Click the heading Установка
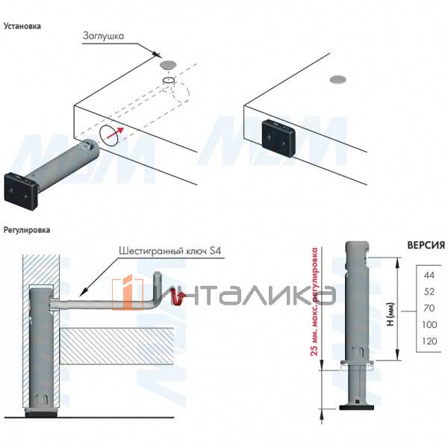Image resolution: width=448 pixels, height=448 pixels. tap(22, 26)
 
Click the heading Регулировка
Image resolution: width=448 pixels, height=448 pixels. tap(27, 230)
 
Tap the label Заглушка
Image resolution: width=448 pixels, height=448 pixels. tap(104, 36)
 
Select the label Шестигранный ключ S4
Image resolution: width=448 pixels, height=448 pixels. tap(169, 251)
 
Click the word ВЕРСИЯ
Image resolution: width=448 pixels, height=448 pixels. tap(426, 245)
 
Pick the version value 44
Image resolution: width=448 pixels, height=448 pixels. tap(429, 275)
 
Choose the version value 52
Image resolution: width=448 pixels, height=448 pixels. tap(429, 292)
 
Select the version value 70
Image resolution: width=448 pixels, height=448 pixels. tap(429, 308)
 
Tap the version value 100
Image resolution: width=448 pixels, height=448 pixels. tap(429, 325)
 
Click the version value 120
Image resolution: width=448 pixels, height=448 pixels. tap(429, 341)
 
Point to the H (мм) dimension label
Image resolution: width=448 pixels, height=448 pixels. tap(391, 314)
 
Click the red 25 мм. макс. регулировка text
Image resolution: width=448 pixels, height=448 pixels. tap(314, 302)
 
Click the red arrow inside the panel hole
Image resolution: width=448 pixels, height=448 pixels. tap(115, 134)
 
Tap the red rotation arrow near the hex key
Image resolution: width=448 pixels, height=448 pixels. tap(177, 297)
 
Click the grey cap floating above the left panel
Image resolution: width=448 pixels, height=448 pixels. tap(168, 64)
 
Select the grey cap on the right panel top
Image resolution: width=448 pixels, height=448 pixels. tap(338, 80)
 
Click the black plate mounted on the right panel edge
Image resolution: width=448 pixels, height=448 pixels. tap(279, 138)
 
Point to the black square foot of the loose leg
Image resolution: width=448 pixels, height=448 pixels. tap(21, 191)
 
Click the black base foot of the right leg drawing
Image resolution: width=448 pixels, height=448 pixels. tap(357, 408)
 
